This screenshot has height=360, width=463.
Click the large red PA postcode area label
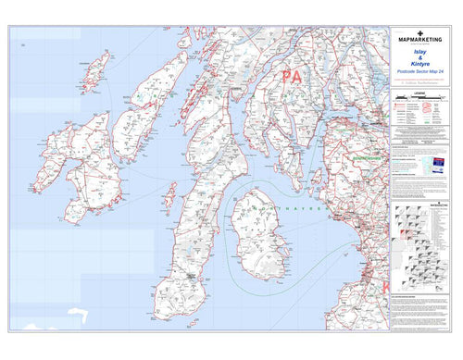(x=293, y=76)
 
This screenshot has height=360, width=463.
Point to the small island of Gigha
(x=169, y=194)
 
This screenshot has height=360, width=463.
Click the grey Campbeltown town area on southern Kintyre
(x=191, y=275)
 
